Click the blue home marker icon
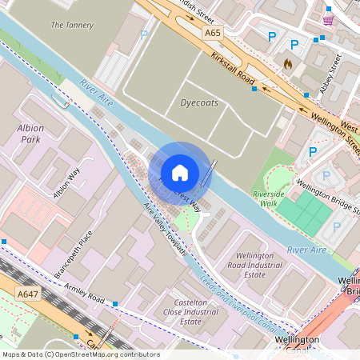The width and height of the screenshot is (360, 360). [180, 172]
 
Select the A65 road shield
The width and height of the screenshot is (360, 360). [212, 33]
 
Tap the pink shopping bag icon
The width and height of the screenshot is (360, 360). [328, 19]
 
